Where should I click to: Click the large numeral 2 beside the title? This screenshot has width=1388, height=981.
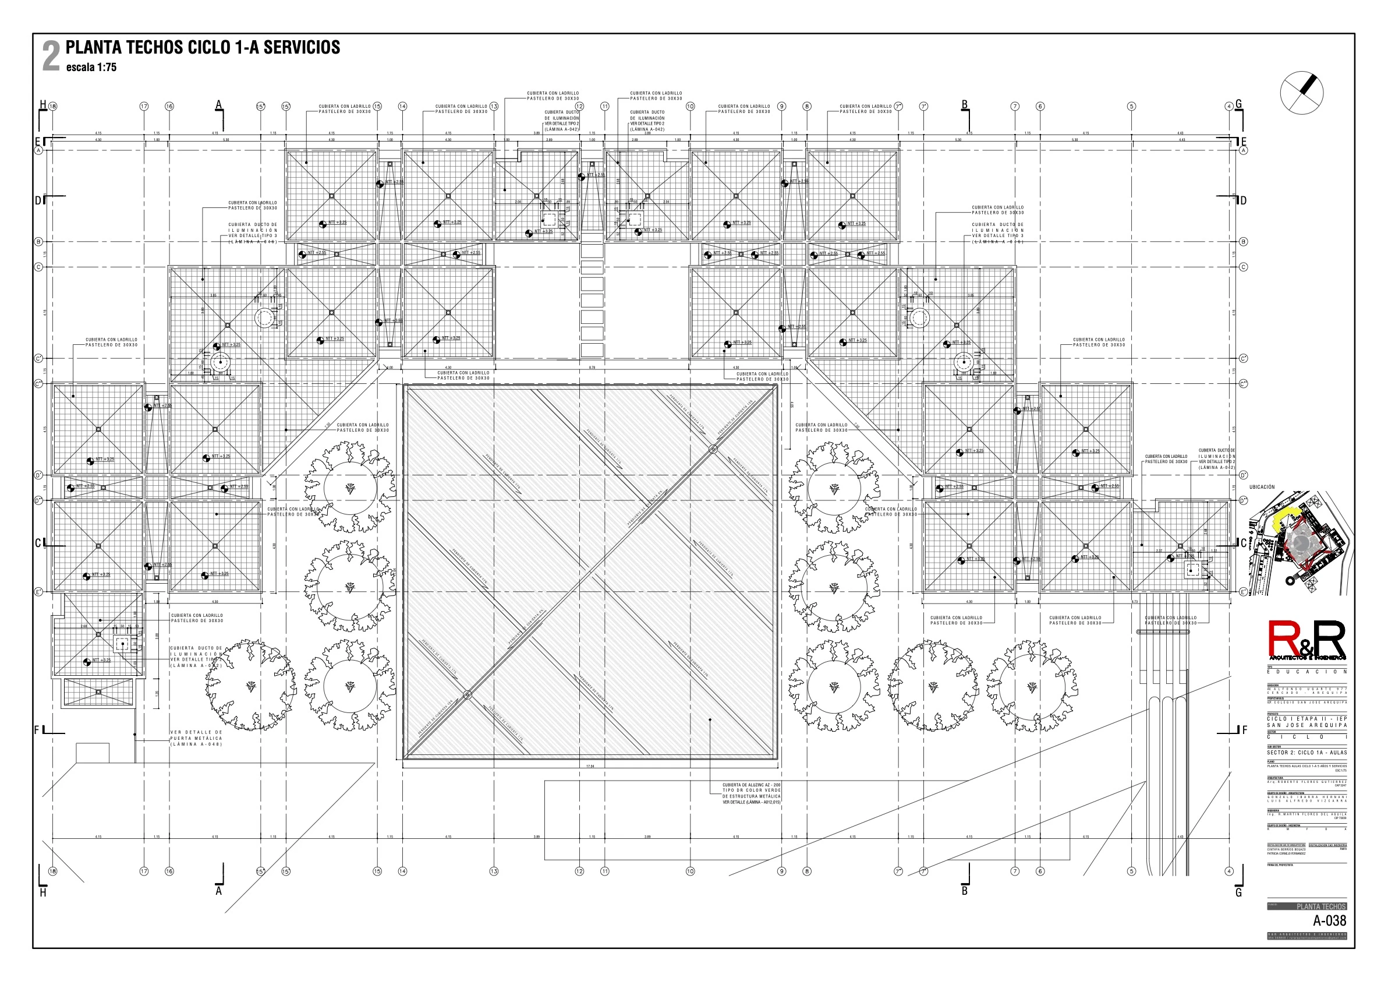coord(51,57)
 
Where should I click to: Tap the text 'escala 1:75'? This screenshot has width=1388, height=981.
coord(91,67)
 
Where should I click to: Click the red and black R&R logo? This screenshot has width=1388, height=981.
coord(1306,640)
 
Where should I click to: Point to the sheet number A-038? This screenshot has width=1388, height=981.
coord(1329,920)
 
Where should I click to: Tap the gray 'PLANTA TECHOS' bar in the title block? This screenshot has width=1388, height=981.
coord(1307,906)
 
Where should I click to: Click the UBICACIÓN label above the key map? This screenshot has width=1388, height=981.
coord(1262,487)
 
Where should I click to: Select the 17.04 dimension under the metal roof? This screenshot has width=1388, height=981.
coord(590,766)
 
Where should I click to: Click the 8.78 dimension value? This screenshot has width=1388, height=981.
coord(592,368)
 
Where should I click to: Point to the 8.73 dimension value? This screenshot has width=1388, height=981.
coord(1135,602)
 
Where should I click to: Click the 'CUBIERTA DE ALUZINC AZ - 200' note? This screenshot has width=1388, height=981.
coord(752,785)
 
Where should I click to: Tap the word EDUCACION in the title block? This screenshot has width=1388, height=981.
coord(1306,672)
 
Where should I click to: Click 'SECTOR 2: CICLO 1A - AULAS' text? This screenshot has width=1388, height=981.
coord(1306,753)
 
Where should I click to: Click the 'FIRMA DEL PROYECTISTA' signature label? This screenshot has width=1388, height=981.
coord(1280,865)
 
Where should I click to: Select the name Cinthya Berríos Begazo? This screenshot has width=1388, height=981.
coord(1285,849)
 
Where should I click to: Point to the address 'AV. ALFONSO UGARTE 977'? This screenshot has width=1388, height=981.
coord(1306,689)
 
